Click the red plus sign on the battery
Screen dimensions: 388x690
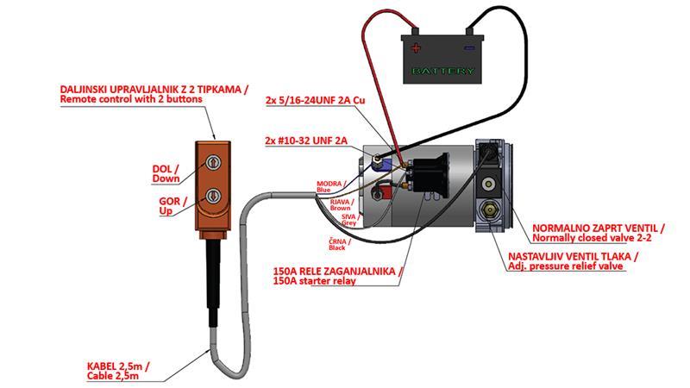tap(417, 48)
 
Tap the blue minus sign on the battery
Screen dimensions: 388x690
tap(470, 48)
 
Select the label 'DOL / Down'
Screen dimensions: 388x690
tap(166, 173)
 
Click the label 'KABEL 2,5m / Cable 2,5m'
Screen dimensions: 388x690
tap(117, 371)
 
